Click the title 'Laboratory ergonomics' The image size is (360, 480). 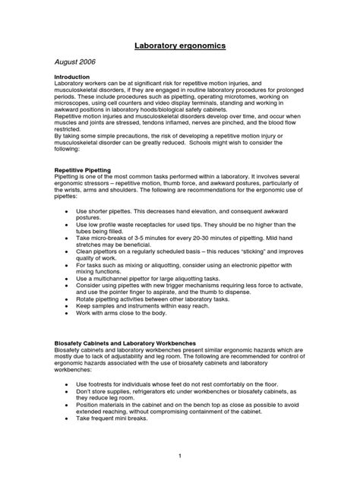click(x=180, y=46)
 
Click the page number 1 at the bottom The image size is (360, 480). click(x=180, y=455)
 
